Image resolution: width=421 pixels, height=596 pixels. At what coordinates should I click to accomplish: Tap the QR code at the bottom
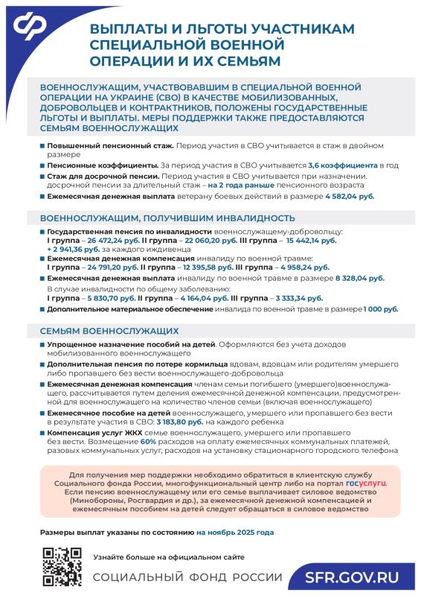coord(61,566)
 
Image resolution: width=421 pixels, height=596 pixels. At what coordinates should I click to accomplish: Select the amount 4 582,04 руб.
coord(350,197)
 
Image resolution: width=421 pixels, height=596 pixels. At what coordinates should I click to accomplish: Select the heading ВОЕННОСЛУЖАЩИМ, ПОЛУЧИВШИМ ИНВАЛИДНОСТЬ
coord(162,218)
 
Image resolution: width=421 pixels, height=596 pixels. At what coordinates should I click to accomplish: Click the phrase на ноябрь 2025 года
coord(235,533)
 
